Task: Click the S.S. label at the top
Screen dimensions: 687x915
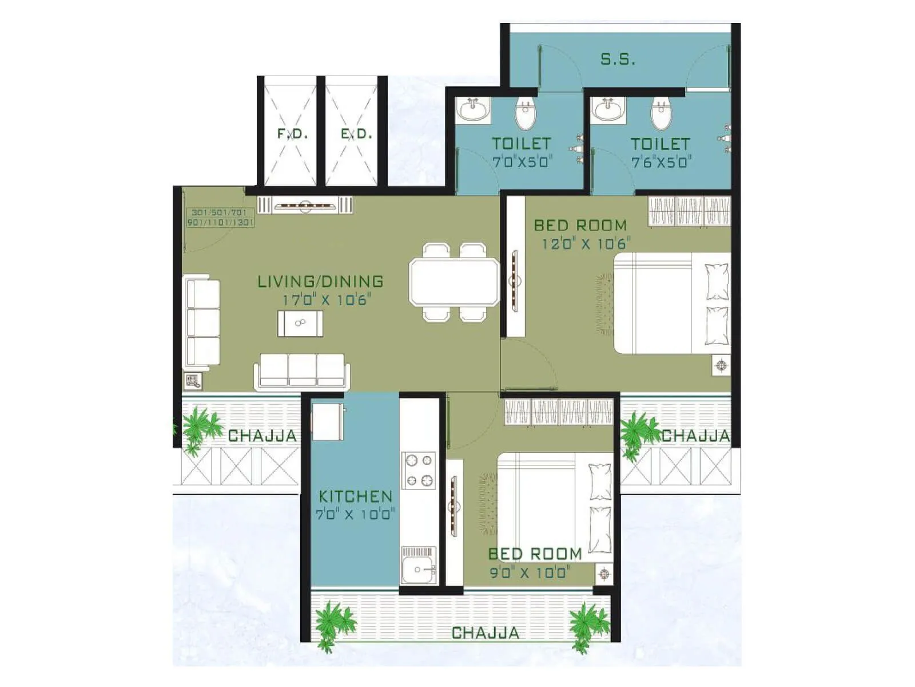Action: (x=618, y=59)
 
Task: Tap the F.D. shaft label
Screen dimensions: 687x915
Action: (x=292, y=134)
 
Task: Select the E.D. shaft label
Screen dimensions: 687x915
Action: (x=356, y=134)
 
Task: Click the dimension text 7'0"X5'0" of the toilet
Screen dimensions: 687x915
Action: (x=521, y=162)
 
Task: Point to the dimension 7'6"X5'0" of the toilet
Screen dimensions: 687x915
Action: (x=661, y=163)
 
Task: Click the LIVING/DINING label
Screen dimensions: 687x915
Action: (x=320, y=281)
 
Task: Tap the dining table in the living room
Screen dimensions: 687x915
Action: (x=454, y=282)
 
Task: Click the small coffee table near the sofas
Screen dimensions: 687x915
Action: (x=300, y=323)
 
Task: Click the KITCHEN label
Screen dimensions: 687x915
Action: (x=356, y=496)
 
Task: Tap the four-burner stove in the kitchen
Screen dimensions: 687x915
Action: (x=419, y=471)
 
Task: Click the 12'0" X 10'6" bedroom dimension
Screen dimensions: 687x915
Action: (x=586, y=244)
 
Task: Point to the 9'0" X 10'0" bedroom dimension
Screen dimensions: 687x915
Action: (x=530, y=572)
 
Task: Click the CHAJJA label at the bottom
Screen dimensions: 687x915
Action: (x=486, y=633)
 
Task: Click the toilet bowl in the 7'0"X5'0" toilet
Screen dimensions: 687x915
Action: (x=526, y=113)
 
